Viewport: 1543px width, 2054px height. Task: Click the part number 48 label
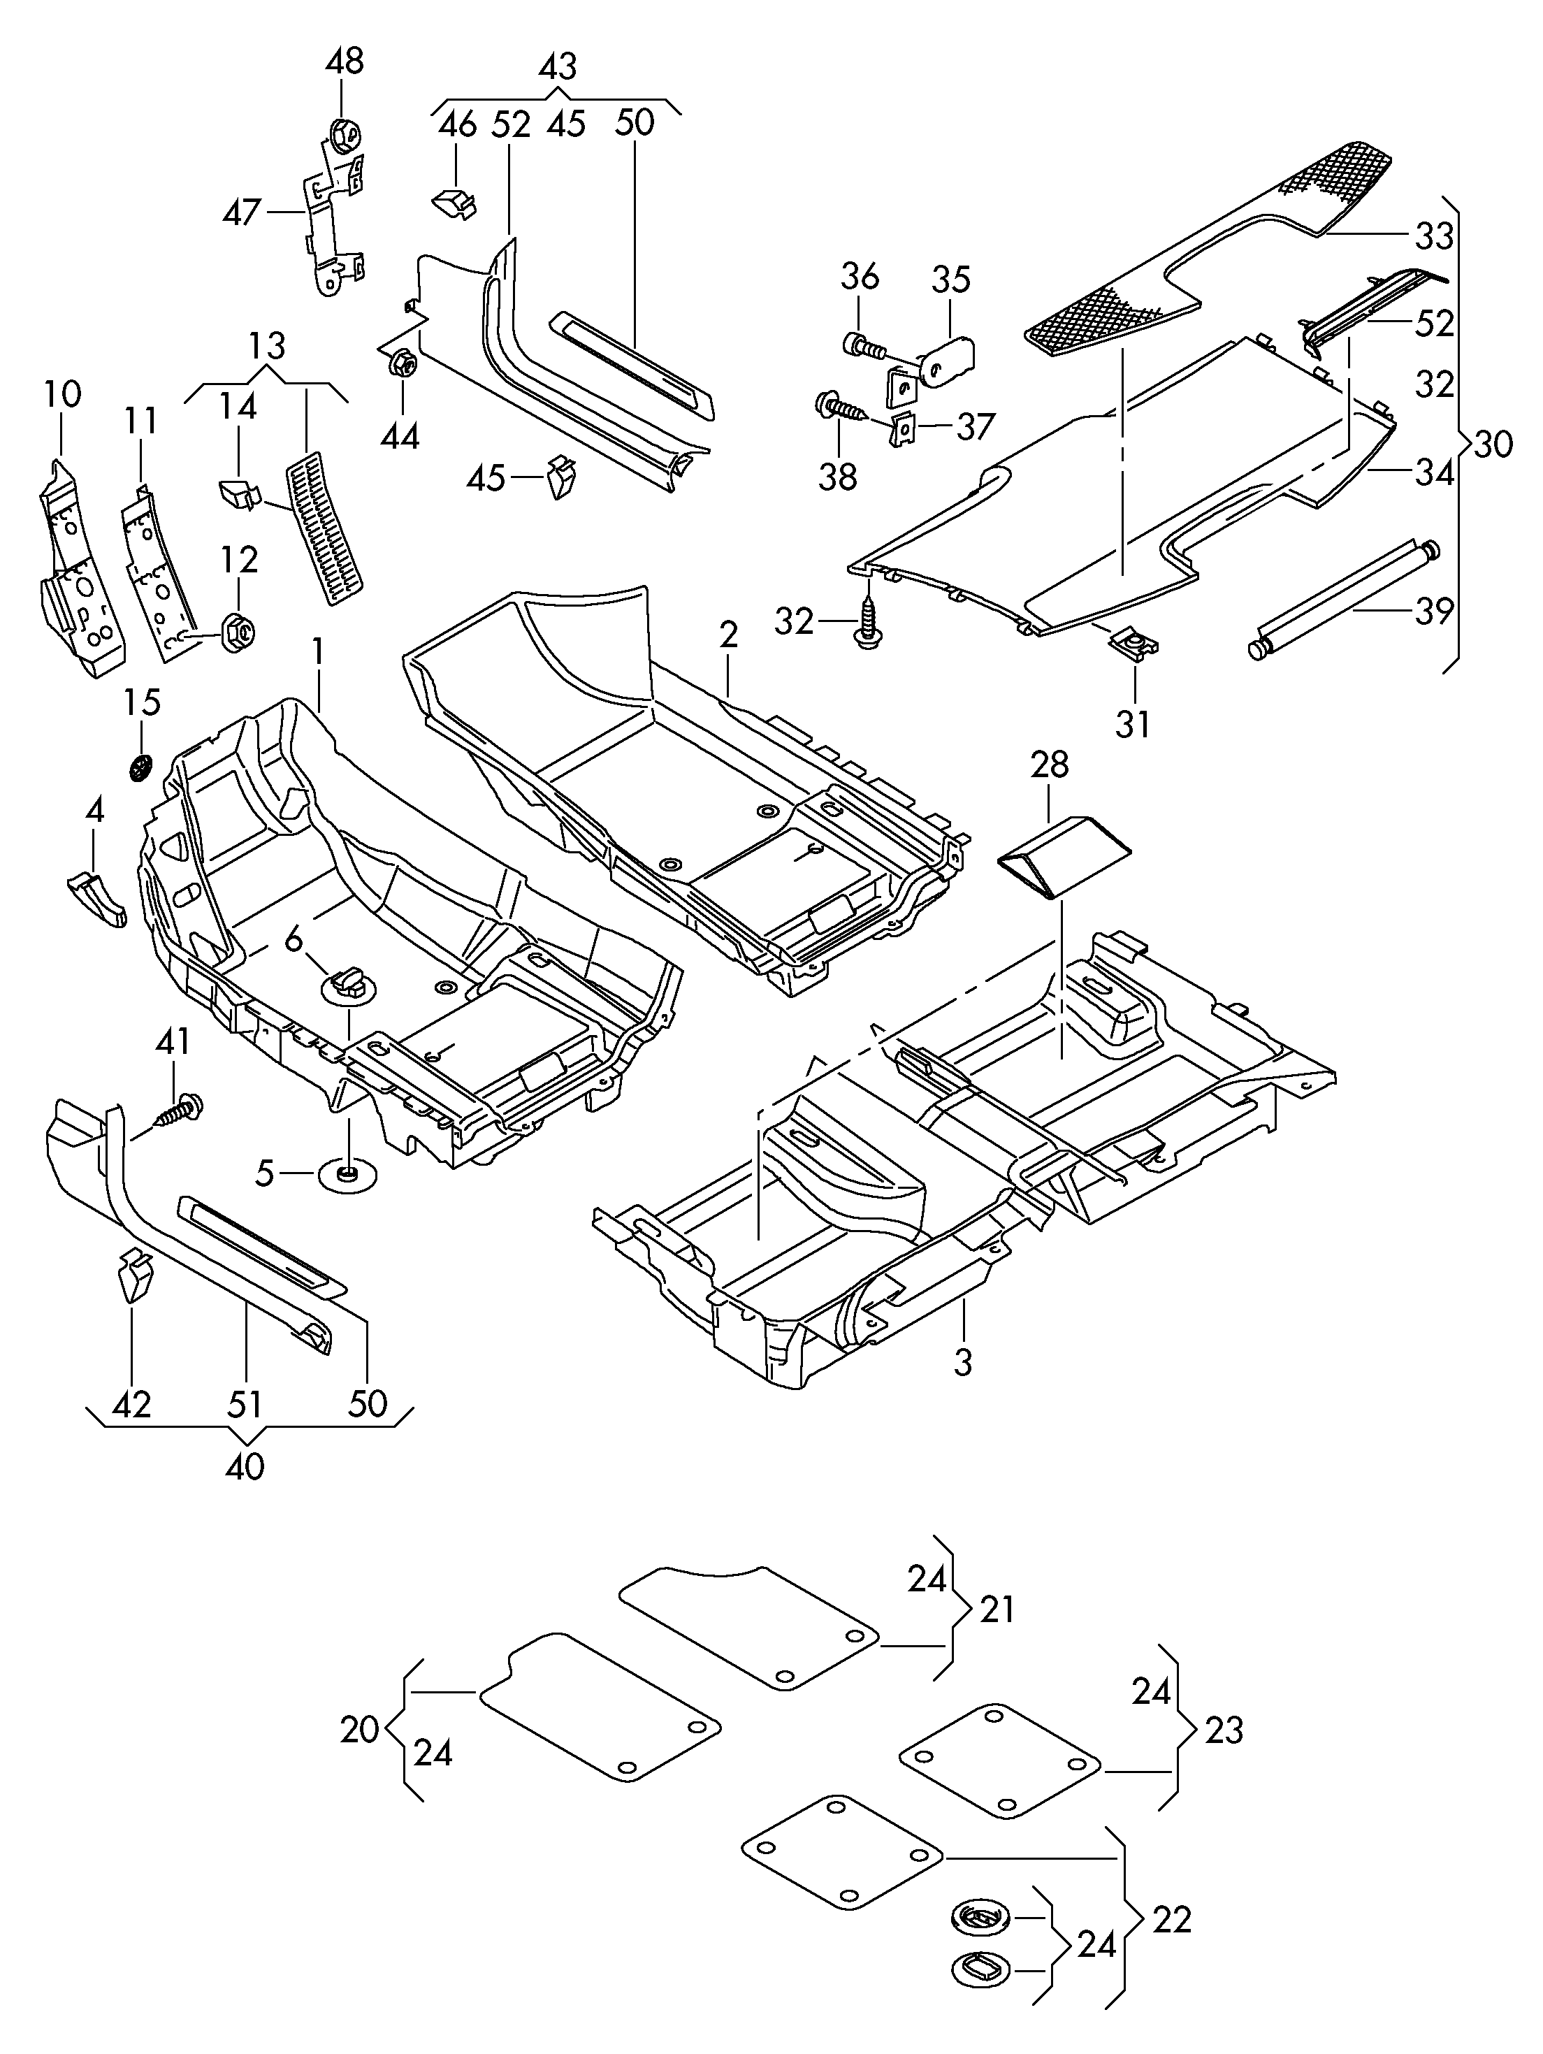click(345, 62)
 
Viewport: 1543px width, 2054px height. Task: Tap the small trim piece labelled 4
click(96, 897)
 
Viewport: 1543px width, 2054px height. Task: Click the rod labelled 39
click(1345, 600)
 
